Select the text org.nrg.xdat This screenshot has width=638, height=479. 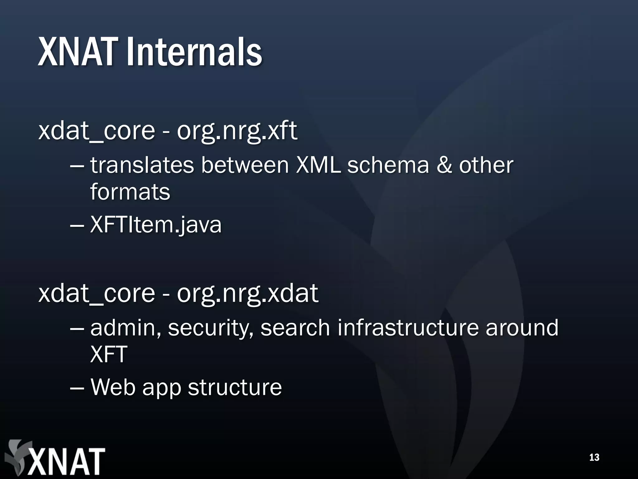247,294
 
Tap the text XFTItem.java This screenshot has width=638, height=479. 156,225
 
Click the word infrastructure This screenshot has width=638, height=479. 407,328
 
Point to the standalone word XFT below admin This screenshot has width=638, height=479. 109,355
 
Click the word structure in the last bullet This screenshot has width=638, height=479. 235,387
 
